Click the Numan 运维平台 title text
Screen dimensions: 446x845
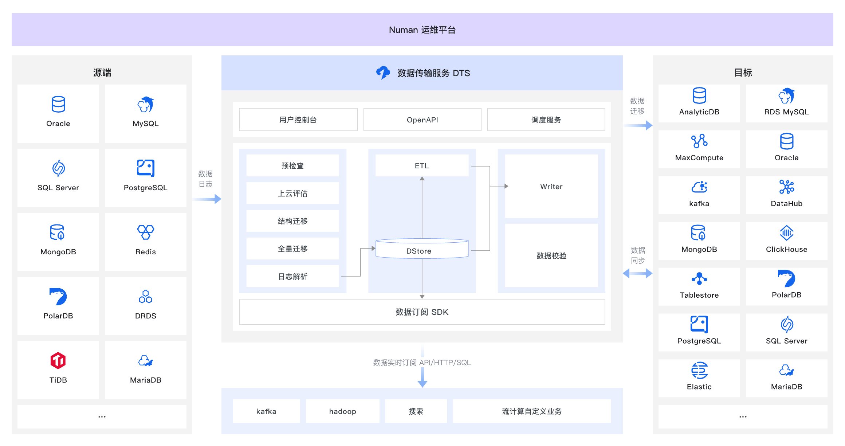click(422, 30)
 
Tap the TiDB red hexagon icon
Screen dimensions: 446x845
click(58, 361)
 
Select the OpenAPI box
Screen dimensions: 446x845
click(422, 120)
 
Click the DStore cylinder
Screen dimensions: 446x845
click(422, 250)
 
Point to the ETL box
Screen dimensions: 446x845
click(422, 166)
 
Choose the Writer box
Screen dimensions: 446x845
click(551, 187)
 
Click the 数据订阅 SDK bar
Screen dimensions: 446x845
click(422, 312)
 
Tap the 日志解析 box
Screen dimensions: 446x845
click(292, 277)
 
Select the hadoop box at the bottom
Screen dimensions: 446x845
click(342, 411)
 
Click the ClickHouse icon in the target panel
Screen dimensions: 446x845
click(786, 232)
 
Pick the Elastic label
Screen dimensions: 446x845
click(699, 387)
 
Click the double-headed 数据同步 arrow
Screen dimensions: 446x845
click(637, 273)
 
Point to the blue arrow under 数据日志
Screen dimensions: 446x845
click(207, 199)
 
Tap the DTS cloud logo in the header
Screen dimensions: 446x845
click(383, 73)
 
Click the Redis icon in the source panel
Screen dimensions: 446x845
click(145, 232)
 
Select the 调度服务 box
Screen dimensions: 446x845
click(546, 120)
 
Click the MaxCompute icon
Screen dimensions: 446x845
click(699, 141)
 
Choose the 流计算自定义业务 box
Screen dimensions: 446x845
click(531, 411)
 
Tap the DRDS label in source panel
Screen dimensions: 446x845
click(145, 316)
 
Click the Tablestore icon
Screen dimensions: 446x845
click(699, 279)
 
